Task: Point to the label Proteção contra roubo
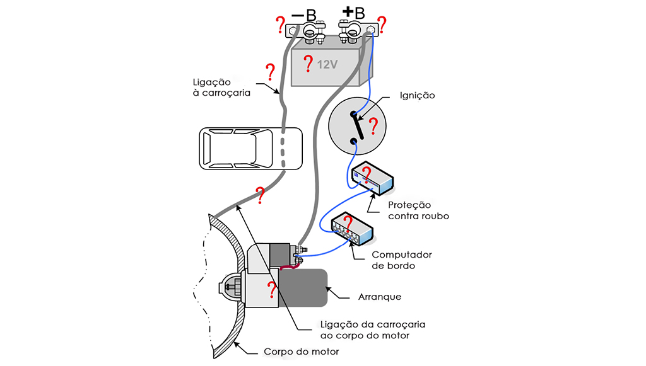pos(418,210)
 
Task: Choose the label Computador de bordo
pos(401,260)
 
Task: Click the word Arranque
pos(379,296)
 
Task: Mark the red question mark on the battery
pos(308,63)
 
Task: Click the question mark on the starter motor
pos(271,290)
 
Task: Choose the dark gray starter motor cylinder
pos(305,288)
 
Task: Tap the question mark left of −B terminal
pos(280,26)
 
